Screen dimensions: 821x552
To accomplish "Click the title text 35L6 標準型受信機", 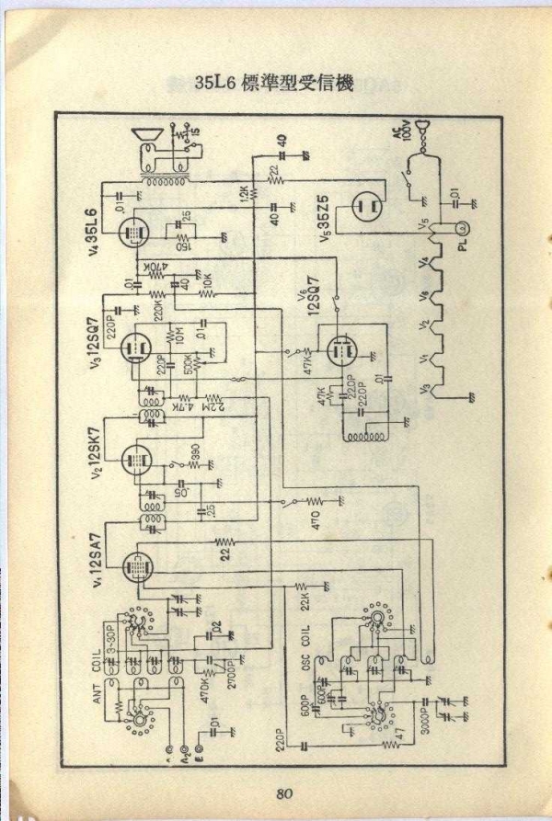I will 275,82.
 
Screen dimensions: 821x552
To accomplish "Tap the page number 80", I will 283,793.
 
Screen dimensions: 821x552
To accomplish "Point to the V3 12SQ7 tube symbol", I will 135,346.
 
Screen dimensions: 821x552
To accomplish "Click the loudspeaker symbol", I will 145,142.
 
